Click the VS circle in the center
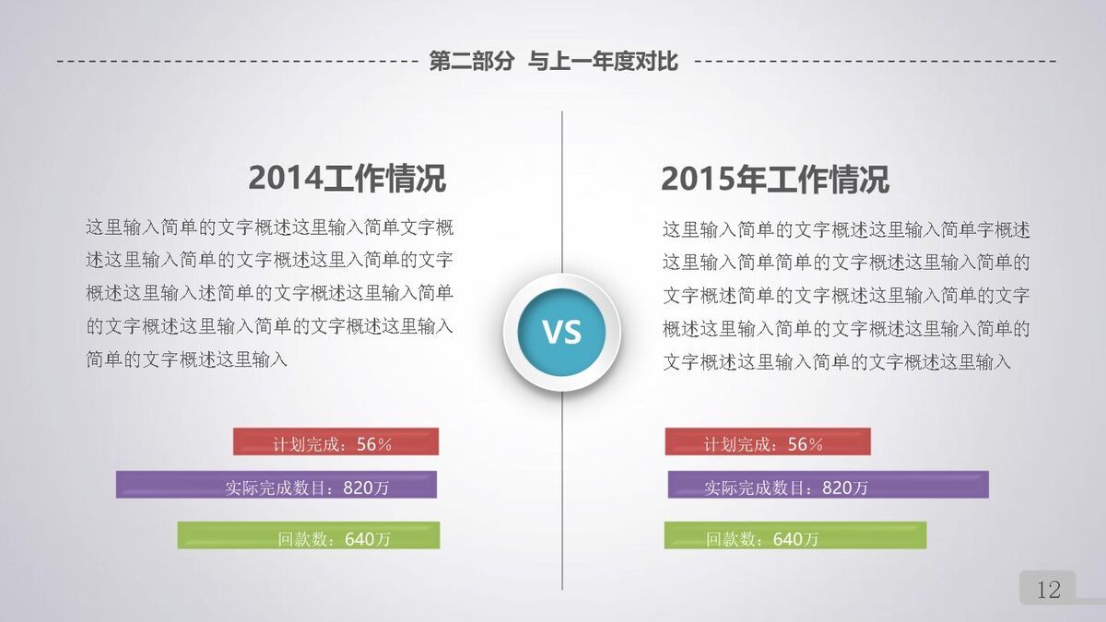(561, 332)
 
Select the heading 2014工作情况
(347, 179)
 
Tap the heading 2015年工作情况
(774, 180)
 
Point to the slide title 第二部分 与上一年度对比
(553, 62)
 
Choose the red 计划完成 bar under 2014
(335, 442)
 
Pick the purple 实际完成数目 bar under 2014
(276, 486)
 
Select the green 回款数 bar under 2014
(308, 536)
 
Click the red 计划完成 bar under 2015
(767, 442)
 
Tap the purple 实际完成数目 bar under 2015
(828, 486)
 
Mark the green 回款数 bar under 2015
(794, 536)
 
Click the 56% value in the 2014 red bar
(374, 444)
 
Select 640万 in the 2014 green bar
(368, 539)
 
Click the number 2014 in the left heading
(285, 179)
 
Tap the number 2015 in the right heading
(697, 180)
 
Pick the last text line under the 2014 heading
(187, 359)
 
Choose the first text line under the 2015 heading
(845, 229)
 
